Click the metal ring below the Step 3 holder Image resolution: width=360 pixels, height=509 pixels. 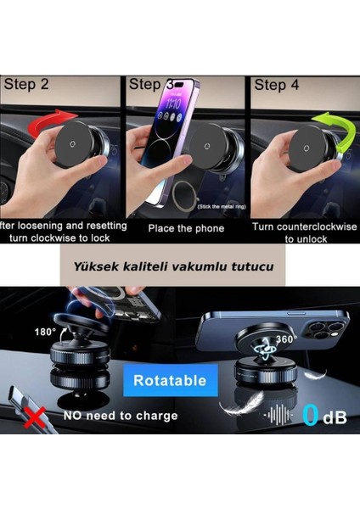(180, 198)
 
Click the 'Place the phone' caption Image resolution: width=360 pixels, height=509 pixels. (186, 228)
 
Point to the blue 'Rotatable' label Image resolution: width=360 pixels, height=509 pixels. (171, 380)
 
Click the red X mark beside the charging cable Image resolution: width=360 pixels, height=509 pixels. (33, 416)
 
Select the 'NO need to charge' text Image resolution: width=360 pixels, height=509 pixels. (121, 416)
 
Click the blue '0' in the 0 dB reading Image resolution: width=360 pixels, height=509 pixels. (312, 415)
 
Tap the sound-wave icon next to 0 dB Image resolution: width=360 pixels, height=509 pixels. (278, 415)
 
